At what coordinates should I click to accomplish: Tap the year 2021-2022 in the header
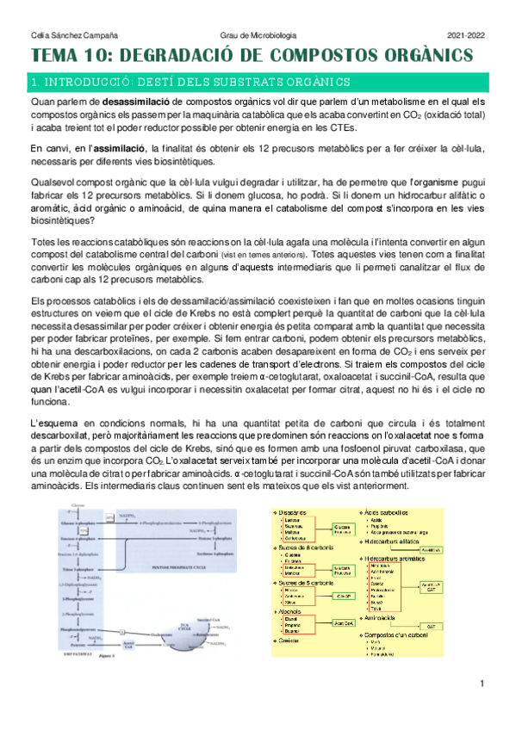pos(466,34)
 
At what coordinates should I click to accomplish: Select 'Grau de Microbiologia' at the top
pos(259,34)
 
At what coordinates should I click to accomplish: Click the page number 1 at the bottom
pos(483,708)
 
